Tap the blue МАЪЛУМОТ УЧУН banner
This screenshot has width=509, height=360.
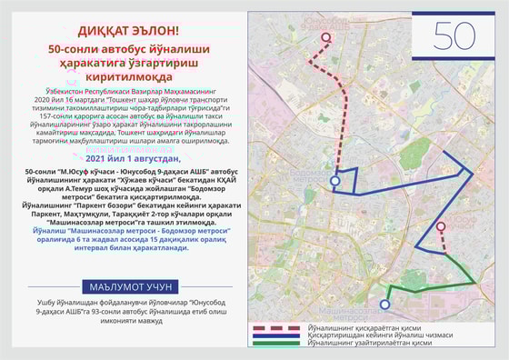[x=127, y=284]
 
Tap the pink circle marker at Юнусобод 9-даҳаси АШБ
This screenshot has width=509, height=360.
[x=328, y=38]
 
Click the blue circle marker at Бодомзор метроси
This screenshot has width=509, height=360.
[x=335, y=181]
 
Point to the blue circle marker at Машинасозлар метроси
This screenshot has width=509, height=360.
[x=384, y=305]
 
